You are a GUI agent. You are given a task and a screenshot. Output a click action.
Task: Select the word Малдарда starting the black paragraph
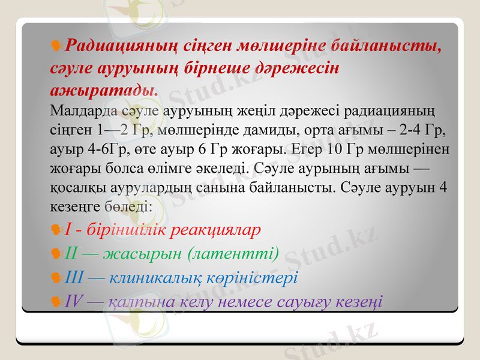77,110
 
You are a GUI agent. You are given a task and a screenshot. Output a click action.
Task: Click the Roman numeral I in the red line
68,230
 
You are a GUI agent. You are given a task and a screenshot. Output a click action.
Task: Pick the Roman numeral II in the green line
72,254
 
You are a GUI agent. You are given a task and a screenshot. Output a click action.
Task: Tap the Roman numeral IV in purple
74,301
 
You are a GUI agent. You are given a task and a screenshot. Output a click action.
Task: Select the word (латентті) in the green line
234,254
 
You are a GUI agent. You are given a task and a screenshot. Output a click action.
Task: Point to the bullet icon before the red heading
57,46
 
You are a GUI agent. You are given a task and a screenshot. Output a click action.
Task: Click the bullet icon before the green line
57,254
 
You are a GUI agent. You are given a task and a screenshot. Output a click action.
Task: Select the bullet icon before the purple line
57,302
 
